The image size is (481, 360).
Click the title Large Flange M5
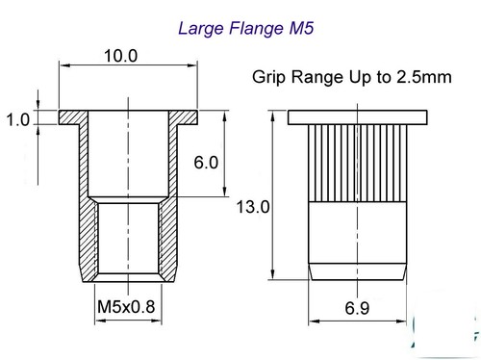pos(245,29)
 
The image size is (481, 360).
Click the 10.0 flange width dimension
pos(121,56)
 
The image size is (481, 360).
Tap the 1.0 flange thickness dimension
pos(17,120)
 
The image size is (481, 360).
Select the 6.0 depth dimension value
pos(206,162)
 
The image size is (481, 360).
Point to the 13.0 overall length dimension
pos(253,207)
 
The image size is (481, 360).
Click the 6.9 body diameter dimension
pos(357,308)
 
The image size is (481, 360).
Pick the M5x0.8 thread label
pos(126,307)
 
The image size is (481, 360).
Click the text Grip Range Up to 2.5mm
pos(352,77)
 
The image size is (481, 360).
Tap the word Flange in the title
pos(256,29)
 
